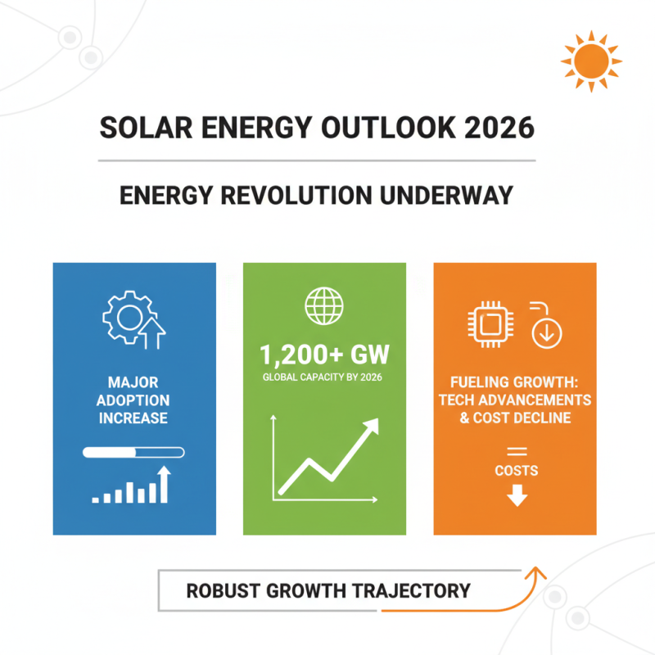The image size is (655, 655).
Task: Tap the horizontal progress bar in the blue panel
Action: click(x=133, y=452)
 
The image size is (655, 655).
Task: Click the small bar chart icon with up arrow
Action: click(x=131, y=486)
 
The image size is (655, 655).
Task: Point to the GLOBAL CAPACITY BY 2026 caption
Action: click(x=324, y=377)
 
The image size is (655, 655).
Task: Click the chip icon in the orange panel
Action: click(x=489, y=324)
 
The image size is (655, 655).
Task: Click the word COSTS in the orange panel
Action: click(x=517, y=470)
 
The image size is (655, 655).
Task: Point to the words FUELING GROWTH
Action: click(x=516, y=382)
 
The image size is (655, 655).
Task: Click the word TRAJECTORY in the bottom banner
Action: click(x=414, y=590)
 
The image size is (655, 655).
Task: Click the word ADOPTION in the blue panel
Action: click(x=133, y=400)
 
